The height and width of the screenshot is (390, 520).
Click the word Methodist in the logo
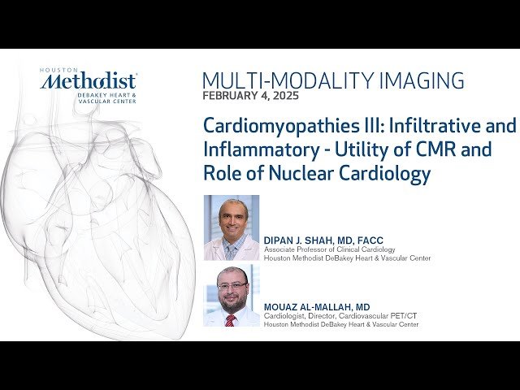click(x=89, y=81)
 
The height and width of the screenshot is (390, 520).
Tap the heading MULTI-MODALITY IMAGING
click(x=333, y=80)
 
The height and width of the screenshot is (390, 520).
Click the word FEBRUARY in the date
click(x=230, y=96)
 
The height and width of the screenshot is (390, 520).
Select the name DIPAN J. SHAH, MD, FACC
click(x=323, y=240)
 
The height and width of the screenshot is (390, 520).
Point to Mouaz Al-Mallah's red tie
click(x=231, y=320)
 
